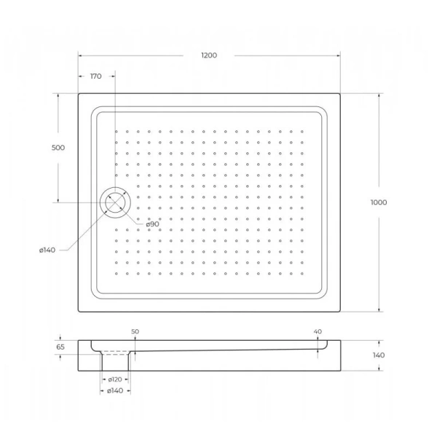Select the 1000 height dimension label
[378, 202]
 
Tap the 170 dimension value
[95, 76]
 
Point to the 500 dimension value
[58, 148]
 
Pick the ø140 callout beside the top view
[47, 251]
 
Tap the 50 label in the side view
[135, 331]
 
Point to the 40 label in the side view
[318, 331]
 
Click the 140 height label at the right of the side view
[378, 355]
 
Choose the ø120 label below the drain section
[114, 379]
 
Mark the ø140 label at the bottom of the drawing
[116, 392]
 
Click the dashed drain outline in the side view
[115, 353]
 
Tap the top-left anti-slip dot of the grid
[116, 132]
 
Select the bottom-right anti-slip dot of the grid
[302, 273]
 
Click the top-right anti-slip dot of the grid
[302, 132]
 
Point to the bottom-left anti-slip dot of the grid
[116, 273]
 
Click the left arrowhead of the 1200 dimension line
[81, 56]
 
